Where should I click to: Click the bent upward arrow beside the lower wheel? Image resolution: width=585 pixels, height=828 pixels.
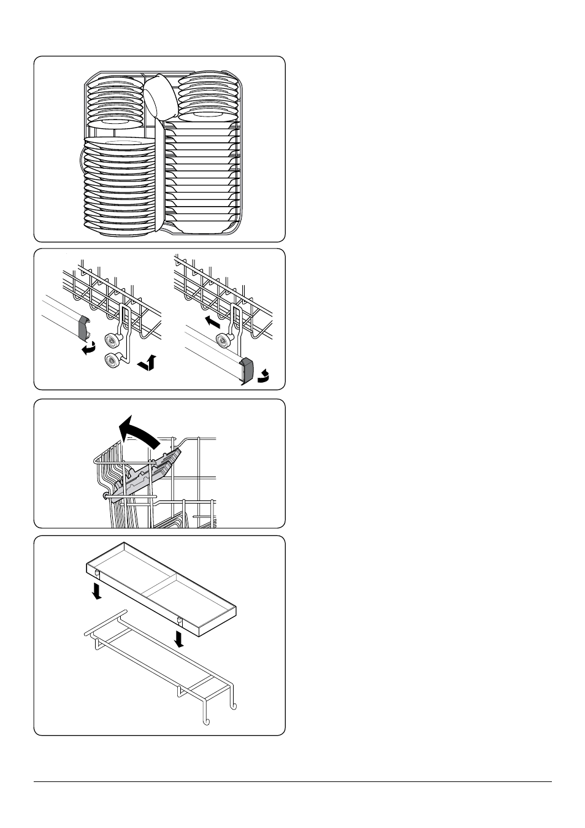coord(148,363)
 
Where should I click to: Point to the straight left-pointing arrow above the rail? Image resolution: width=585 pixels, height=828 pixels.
coord(212,321)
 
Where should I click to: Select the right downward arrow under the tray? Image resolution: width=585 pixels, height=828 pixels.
coord(179,638)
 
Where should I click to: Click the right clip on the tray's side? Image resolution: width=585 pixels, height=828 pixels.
coord(179,618)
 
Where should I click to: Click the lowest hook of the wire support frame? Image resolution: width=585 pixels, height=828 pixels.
coord(207,719)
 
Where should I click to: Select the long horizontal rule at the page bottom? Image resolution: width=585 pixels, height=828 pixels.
coord(292,781)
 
